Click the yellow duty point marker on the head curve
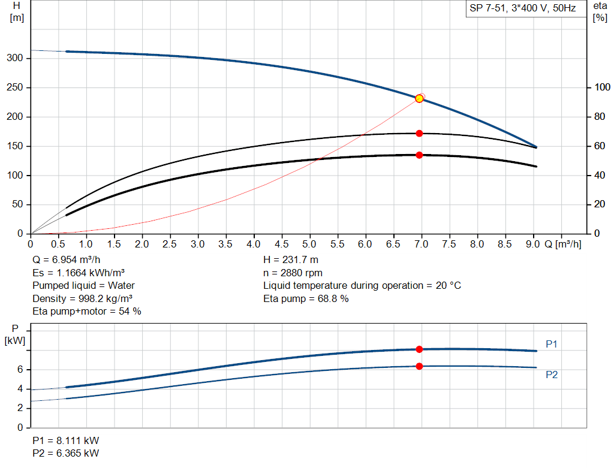click(419, 98)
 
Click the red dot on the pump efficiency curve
click(419, 133)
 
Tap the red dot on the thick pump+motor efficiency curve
click(419, 155)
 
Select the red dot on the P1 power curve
click(419, 349)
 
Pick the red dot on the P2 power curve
click(419, 366)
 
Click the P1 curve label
click(552, 344)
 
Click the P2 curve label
click(552, 375)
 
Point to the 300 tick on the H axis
click(16, 58)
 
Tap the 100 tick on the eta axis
click(601, 87)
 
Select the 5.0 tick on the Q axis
click(310, 244)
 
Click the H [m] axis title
click(17, 11)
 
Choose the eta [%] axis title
click(600, 11)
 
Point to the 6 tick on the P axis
click(20, 370)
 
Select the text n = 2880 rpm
click(293, 273)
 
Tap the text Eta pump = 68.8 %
click(306, 298)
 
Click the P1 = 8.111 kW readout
click(65, 440)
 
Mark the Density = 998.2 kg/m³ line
click(82, 298)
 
